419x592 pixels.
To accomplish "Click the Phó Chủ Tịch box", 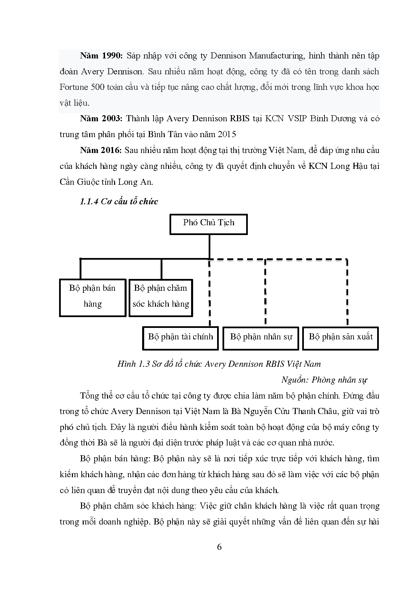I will (x=208, y=224).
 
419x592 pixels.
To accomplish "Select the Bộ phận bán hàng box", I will (x=93, y=298).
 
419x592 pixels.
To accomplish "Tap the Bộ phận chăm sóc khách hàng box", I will (x=161, y=298).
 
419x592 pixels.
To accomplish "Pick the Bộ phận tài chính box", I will (x=181, y=338).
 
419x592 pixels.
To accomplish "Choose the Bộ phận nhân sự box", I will (x=261, y=338).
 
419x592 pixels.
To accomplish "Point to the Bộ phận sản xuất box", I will (x=340, y=338).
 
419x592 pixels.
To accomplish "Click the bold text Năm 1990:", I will (x=101, y=56).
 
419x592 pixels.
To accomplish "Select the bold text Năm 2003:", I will (x=101, y=119).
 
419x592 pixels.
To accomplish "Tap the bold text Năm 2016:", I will (x=101, y=150).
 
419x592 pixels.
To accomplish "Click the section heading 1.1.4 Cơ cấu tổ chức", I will (x=119, y=202).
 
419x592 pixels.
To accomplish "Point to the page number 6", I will (x=219, y=547).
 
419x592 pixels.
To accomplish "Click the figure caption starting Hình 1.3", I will (x=219, y=364).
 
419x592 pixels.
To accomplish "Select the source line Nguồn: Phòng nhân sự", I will (x=324, y=380).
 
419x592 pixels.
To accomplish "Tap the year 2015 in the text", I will (x=227, y=134).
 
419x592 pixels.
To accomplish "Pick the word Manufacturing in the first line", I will (x=277, y=56).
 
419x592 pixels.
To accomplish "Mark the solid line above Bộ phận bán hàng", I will (x=80, y=269).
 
